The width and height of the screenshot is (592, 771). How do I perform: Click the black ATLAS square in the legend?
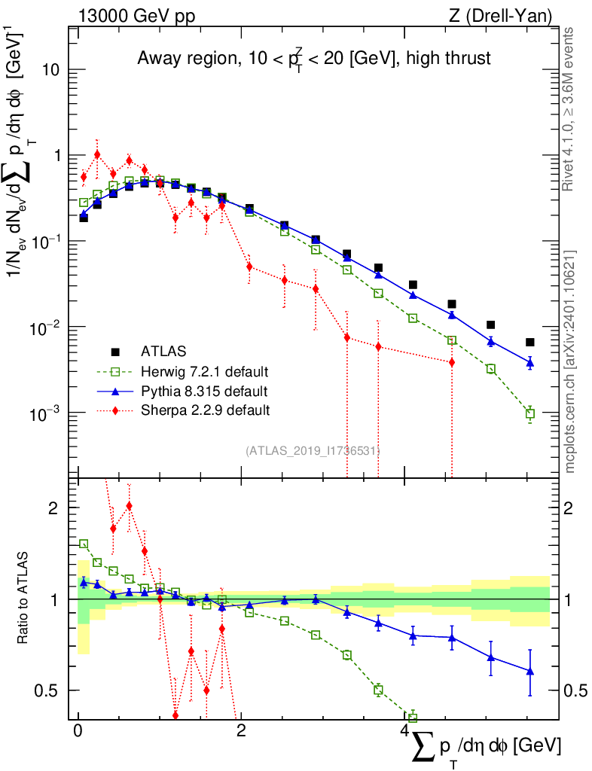(115, 352)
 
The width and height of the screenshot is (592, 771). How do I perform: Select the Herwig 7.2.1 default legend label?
(204, 371)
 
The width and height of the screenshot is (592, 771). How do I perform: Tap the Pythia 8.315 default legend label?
(203, 391)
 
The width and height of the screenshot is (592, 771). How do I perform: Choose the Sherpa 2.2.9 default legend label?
(205, 410)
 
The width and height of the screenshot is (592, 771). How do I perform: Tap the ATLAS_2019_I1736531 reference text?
(312, 451)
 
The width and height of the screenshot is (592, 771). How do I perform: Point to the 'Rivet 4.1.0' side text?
(570, 109)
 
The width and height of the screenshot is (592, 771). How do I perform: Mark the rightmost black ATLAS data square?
(529, 342)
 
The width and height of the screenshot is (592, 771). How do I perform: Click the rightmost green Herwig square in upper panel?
(529, 413)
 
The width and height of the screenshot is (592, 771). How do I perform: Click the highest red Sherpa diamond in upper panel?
(97, 154)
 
